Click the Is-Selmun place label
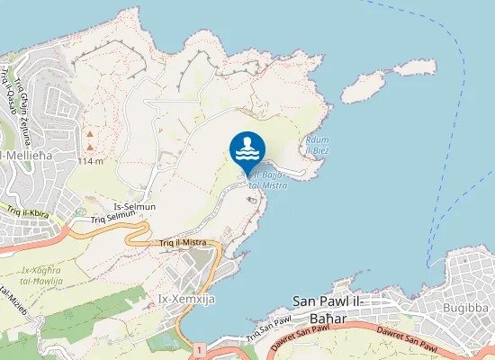click(134, 207)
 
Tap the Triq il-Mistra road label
click(184, 242)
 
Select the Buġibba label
click(465, 307)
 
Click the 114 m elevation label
click(90, 161)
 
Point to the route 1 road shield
click(196, 347)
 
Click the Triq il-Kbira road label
click(25, 213)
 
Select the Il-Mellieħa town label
click(24, 157)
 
